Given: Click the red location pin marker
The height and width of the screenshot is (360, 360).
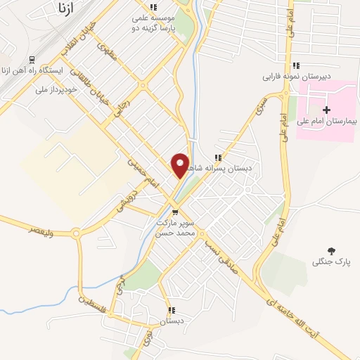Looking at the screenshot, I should [180, 165].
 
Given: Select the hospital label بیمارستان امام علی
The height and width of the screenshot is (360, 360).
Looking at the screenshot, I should [328, 122].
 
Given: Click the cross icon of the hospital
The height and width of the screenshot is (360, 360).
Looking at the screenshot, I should [326, 110].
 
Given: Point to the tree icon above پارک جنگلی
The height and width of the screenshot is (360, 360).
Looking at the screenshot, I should [332, 250].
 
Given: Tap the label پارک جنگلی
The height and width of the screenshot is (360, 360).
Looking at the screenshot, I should [331, 262].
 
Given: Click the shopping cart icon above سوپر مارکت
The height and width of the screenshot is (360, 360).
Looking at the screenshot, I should [175, 212].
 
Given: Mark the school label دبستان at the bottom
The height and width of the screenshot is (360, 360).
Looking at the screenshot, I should [172, 321].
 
